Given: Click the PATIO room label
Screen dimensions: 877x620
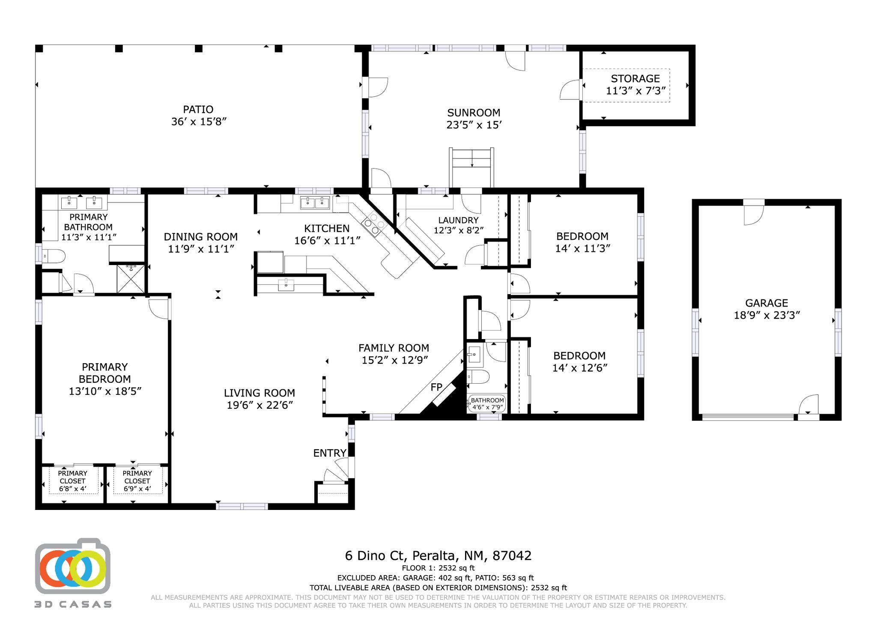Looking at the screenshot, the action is click(x=198, y=110).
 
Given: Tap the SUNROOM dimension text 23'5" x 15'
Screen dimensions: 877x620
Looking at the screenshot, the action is click(x=474, y=125).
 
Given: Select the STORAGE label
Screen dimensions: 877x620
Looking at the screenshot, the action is click(x=635, y=79).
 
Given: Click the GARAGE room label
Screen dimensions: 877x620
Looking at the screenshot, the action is click(x=767, y=303).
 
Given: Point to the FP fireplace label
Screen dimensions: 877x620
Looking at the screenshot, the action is click(x=436, y=387).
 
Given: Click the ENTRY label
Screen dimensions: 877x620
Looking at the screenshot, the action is click(x=330, y=453).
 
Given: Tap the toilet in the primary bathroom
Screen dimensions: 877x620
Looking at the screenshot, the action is click(x=52, y=256).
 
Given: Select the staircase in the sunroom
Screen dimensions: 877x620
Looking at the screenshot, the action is click(x=471, y=167).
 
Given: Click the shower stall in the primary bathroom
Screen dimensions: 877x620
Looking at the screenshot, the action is click(x=131, y=279).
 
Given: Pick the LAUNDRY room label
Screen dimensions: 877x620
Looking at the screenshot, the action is click(x=458, y=220).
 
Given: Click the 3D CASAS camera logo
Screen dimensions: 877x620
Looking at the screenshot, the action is click(x=73, y=566).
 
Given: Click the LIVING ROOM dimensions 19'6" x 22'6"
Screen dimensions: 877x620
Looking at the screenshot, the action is click(x=260, y=405).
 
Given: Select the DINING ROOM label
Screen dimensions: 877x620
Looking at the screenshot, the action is click(x=200, y=237).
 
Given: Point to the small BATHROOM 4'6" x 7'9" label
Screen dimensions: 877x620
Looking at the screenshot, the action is click(x=487, y=404).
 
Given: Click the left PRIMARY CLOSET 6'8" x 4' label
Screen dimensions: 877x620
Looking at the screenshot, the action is click(x=72, y=481).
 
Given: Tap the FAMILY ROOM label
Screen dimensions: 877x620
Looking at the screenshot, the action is click(x=394, y=348).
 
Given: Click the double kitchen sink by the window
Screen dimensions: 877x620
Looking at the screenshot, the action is click(x=315, y=203).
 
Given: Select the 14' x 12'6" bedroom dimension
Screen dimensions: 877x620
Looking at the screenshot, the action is click(x=580, y=368).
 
